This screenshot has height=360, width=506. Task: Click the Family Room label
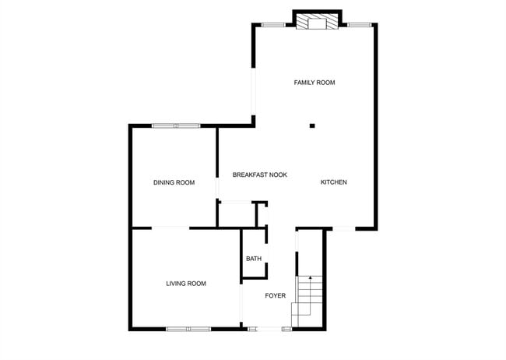click(x=314, y=82)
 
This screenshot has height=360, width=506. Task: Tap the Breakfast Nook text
click(x=259, y=175)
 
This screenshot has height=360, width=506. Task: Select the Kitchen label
click(x=334, y=182)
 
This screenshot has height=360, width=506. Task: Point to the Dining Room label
click(x=174, y=182)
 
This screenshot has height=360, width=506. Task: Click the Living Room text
click(x=186, y=284)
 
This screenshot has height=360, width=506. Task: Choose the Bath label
click(x=254, y=259)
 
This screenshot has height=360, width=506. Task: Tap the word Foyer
click(x=276, y=296)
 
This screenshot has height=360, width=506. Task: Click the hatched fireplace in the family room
click(x=317, y=23)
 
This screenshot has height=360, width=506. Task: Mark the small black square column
click(x=311, y=125)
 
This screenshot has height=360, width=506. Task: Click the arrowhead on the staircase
click(x=309, y=277)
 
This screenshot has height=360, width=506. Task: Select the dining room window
click(x=175, y=125)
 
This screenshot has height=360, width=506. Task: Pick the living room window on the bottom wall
click(x=188, y=329)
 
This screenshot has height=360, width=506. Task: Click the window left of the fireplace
click(x=272, y=24)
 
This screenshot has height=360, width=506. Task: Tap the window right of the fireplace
click(x=359, y=24)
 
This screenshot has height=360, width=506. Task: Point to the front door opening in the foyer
click(x=265, y=329)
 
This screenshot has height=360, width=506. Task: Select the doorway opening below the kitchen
click(x=343, y=228)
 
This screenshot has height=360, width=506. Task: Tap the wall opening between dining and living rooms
click(x=170, y=228)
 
